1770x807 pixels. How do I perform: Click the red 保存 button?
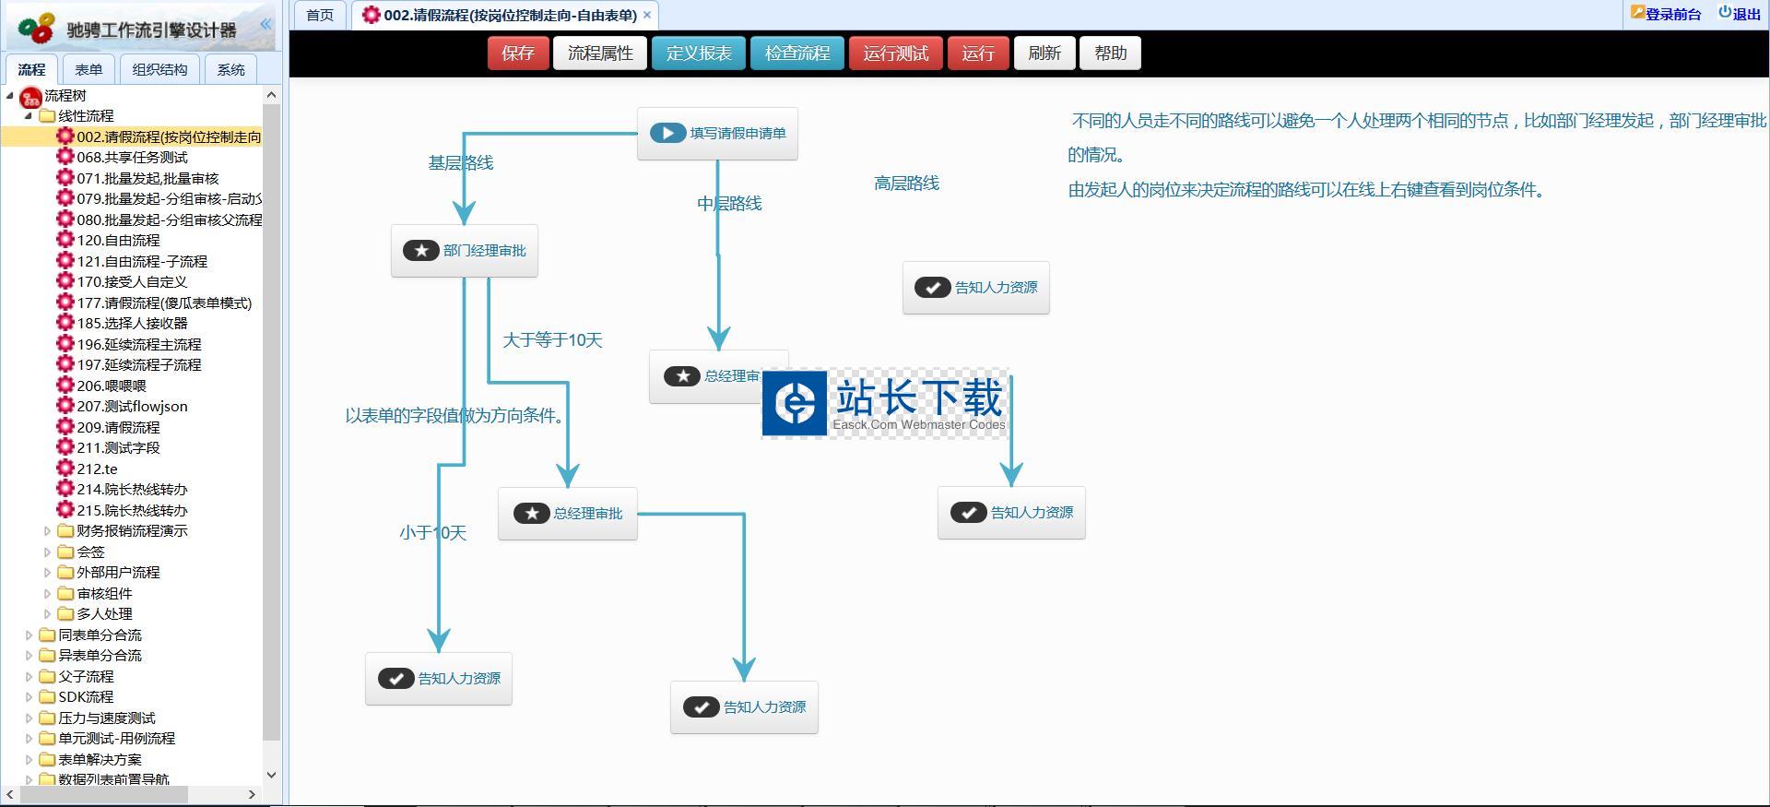517,53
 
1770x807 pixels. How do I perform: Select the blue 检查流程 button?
796,53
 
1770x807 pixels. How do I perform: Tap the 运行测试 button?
895,53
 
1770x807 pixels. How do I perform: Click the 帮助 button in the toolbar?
1110,53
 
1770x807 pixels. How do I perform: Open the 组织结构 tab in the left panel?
159,70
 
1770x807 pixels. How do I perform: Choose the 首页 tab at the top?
320,15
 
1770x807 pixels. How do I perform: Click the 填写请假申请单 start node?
717,134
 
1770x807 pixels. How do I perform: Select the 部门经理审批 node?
465,251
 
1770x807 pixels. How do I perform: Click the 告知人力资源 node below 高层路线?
976,288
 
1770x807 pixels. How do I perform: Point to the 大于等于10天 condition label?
552,340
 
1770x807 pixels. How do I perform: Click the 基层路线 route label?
461,163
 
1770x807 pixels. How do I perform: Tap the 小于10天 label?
433,533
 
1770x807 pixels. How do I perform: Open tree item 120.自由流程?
118,241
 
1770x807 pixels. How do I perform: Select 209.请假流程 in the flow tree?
118,428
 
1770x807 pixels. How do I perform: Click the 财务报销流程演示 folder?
132,531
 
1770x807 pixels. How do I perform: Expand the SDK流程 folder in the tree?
29,697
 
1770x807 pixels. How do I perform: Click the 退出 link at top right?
1740,14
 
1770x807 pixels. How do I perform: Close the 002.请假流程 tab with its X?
647,15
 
